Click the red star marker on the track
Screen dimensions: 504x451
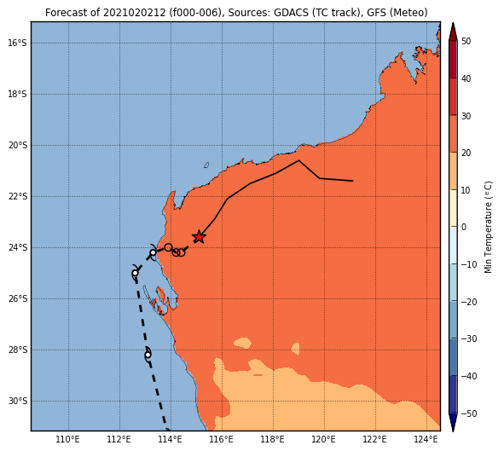click(199, 237)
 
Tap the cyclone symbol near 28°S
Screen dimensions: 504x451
click(148, 355)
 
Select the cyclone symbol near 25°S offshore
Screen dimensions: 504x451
click(136, 273)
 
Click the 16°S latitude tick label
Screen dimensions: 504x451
click(17, 43)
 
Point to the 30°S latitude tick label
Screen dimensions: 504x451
click(17, 401)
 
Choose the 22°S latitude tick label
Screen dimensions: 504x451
click(17, 196)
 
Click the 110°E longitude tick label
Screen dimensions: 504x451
click(68, 439)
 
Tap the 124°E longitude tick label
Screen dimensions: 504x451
click(426, 439)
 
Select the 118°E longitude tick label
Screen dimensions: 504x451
click(273, 439)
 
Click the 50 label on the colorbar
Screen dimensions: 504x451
click(466, 41)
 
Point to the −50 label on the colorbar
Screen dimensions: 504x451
click(469, 413)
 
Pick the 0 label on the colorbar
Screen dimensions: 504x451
click(464, 227)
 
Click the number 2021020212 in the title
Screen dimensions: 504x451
click(134, 13)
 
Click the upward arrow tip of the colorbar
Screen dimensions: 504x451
click(453, 22)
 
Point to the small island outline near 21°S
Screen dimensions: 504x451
click(206, 165)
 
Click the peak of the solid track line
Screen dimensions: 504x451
click(298, 160)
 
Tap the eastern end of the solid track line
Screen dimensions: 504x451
click(353, 181)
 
